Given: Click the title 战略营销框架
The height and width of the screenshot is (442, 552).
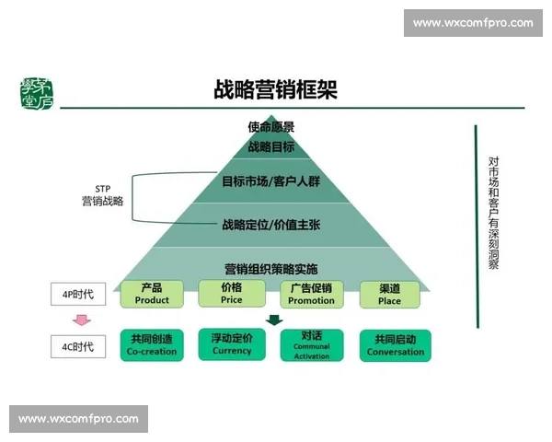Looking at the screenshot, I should coord(275,89).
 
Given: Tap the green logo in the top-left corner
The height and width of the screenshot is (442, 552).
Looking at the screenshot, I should coord(36,92).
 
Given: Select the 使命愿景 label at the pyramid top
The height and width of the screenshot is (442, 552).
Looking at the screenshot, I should coord(271,127).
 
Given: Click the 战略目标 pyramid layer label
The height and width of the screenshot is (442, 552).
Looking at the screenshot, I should coord(271,146).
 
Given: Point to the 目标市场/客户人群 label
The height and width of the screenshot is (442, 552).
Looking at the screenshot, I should coord(271,181).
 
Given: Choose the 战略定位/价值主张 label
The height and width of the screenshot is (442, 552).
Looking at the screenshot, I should coord(271,224).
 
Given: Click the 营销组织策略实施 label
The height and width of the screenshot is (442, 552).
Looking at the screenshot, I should coord(271,269).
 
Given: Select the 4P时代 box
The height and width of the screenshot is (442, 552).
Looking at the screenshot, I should coord(77,296).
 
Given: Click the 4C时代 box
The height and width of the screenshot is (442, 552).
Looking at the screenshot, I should coord(77,347).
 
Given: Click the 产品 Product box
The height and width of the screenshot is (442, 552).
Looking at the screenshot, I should coord(152,295).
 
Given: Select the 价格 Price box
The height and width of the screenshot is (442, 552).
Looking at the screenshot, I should coord(232,295).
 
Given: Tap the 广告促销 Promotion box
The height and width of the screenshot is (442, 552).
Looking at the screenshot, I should coord(311,295).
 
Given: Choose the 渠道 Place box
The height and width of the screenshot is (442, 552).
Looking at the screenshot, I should coord(390,295).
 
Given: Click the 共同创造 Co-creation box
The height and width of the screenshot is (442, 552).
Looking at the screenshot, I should coord(152,345).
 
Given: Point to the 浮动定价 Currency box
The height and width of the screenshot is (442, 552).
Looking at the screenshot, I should coord(232,345).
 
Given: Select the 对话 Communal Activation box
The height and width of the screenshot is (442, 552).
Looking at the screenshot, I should coord(311,345).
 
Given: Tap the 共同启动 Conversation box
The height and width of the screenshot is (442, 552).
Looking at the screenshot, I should coord(396,345).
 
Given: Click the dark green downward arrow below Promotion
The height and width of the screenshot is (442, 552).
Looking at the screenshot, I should coord(273,320).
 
